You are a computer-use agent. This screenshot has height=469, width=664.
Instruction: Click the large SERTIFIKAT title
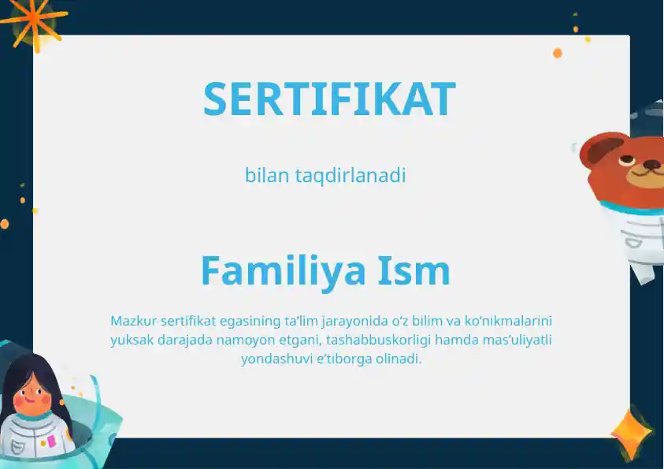coord(329,99)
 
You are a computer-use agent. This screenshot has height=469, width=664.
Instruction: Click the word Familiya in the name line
coord(283,270)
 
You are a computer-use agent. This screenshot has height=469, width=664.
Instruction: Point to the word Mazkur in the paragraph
coord(134,321)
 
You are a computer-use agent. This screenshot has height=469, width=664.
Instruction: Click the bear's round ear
coord(596,150)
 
